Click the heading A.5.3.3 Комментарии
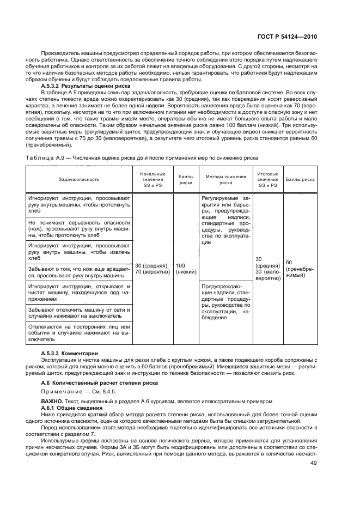pos(69,354)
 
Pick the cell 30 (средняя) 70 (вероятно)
pos(149,268)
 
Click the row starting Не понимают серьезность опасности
pos(78,229)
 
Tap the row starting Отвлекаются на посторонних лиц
pos(78,333)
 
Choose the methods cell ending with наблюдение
pos(225,302)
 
